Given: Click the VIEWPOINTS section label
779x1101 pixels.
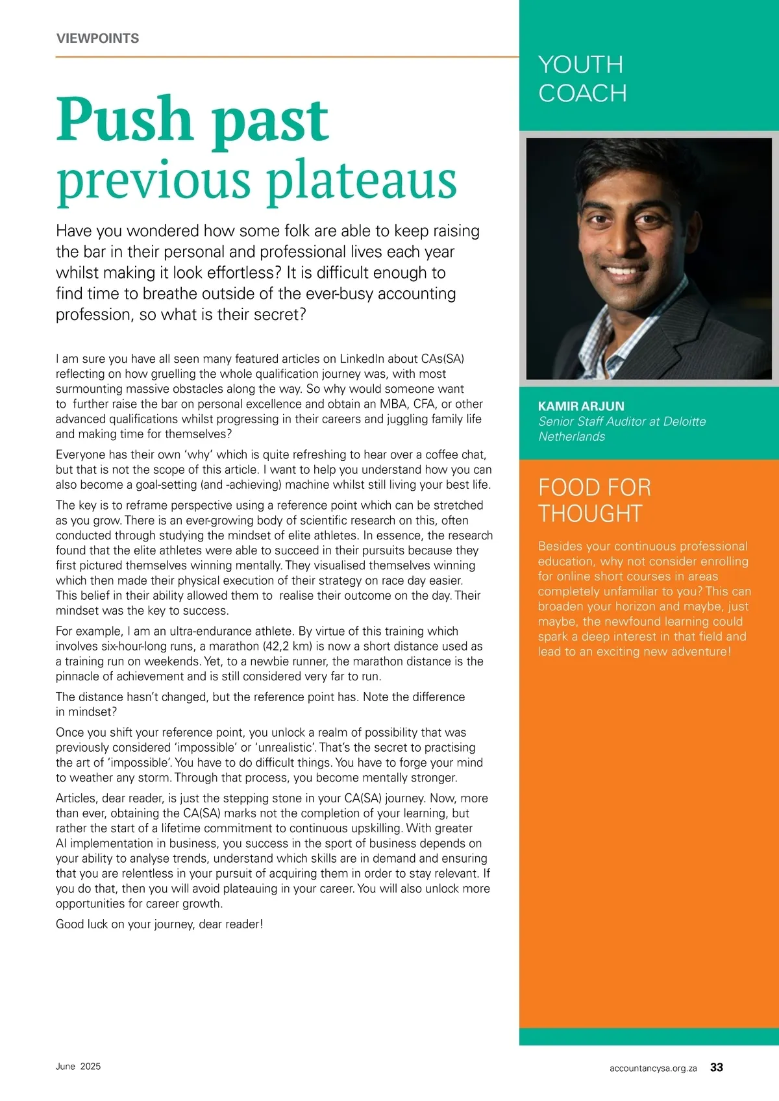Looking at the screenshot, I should [97, 38].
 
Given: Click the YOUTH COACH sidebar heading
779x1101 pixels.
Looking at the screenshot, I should [582, 79].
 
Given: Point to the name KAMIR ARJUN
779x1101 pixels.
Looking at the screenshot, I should [581, 406].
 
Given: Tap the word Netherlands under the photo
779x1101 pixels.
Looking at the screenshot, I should [571, 437].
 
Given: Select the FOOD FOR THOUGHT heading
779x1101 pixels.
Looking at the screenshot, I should [594, 501].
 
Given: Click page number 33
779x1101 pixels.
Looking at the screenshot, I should [717, 1067].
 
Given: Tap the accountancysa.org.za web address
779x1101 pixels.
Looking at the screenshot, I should [653, 1068].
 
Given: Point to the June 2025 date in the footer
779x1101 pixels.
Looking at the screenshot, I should [78, 1067].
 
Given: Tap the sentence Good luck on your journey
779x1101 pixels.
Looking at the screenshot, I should [159, 924].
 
